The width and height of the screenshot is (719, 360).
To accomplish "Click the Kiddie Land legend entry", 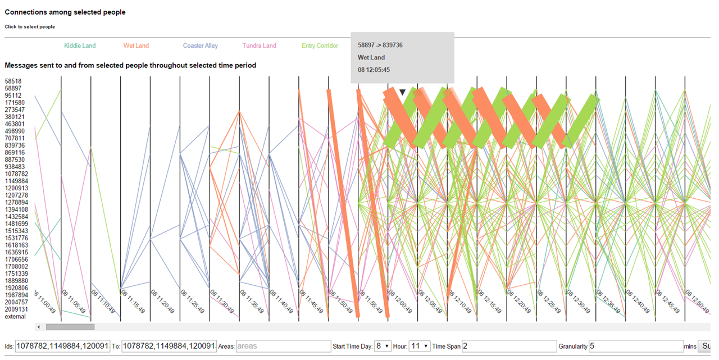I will pos(80,45).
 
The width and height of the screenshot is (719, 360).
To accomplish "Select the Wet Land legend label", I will pos(136,45).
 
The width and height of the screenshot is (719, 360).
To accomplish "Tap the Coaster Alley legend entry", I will pos(200,45).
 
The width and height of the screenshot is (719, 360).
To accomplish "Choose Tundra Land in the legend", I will pos(259,45).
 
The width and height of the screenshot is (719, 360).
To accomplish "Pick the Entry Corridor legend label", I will pos(320,45).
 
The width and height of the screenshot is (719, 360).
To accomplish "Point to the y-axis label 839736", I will pos(15,145).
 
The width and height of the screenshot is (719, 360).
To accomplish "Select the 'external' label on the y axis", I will pos(15,316).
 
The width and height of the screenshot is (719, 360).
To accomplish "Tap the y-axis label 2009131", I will pos(17,309).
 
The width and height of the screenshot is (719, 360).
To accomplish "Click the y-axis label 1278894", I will pos(17,202).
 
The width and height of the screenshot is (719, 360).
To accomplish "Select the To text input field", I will pos(169,346).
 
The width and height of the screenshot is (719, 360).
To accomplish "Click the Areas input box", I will pos(283,346).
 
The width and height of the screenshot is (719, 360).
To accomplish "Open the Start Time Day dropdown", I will pos(383,346).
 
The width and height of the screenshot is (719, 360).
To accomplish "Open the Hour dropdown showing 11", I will pos(419,346).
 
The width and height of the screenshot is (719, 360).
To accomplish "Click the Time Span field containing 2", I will pos(508,346).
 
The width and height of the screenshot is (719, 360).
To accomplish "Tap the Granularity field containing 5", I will pos(635,346).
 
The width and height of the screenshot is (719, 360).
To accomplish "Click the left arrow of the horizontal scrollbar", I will pos(39,327).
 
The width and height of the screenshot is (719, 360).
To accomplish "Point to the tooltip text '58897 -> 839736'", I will pos(380,45).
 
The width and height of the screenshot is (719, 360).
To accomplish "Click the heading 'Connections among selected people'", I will pos(65,12).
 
